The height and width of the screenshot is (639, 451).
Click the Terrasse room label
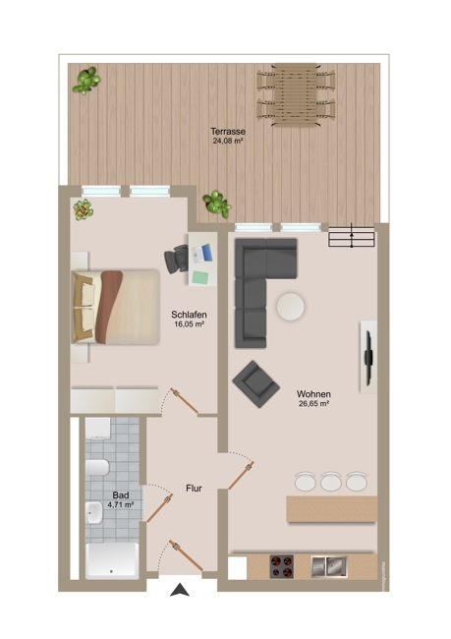pyautogui.click(x=227, y=131)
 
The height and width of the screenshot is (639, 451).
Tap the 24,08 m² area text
pyautogui.click(x=227, y=141)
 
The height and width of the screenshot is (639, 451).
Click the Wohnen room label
pyautogui.click(x=312, y=393)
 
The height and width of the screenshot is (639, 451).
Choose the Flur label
pyautogui.click(x=194, y=488)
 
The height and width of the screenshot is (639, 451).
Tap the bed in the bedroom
pyautogui.click(x=114, y=307)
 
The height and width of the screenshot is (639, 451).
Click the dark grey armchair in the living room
pyautogui.click(x=254, y=383)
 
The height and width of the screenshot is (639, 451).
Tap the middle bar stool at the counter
pyautogui.click(x=329, y=481)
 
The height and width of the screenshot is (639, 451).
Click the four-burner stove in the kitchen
pyautogui.click(x=284, y=567)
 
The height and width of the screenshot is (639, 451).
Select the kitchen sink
pyautogui.click(x=326, y=566)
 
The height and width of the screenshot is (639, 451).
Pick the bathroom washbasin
pyautogui.click(x=95, y=513)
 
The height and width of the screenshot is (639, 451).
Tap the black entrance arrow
pyautogui.click(x=179, y=590)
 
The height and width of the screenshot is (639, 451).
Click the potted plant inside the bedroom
pyautogui.click(x=84, y=208)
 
